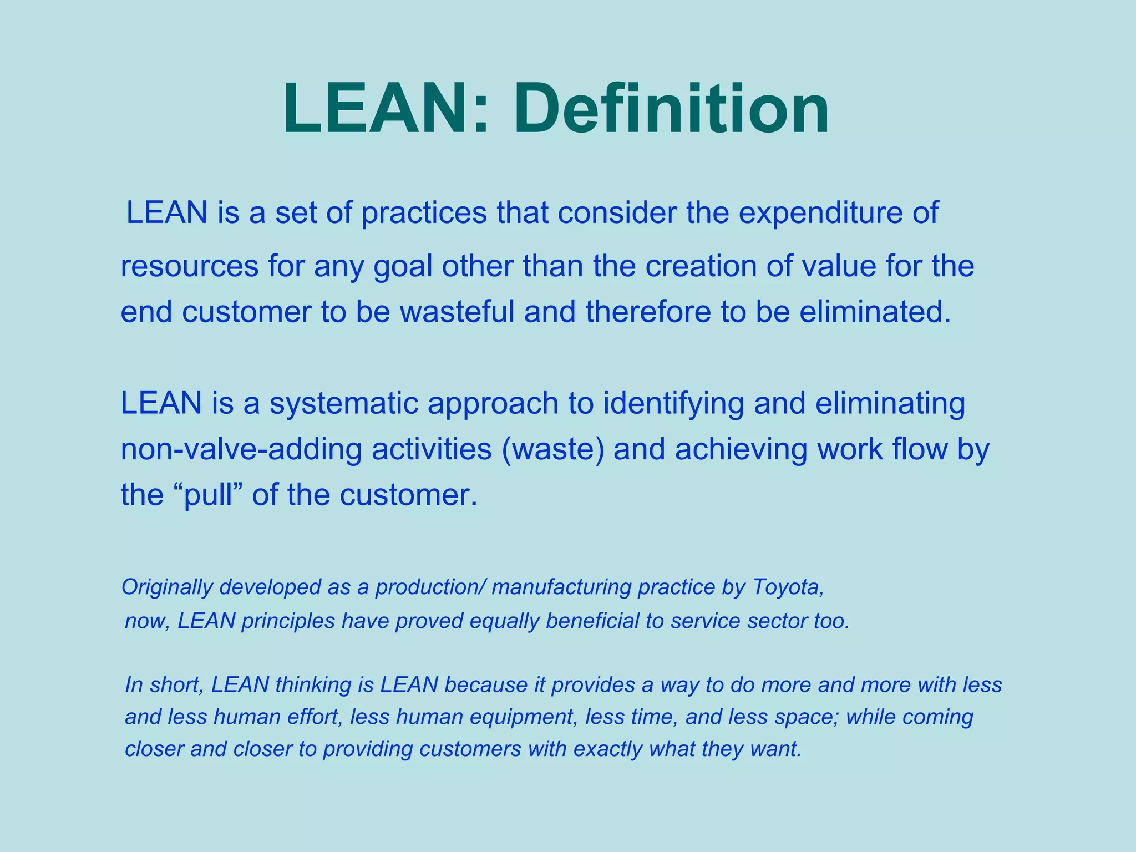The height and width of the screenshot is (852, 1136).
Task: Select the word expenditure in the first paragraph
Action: pyautogui.click(x=820, y=213)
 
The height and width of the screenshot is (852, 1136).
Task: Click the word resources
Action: pyautogui.click(x=189, y=266)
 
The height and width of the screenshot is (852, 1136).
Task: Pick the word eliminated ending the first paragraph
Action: pyautogui.click(x=875, y=312)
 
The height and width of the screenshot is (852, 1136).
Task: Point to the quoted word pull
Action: pyautogui.click(x=209, y=495)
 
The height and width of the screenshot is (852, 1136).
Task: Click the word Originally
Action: pyautogui.click(x=167, y=587)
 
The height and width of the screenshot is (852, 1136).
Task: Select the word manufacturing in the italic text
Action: pyautogui.click(x=561, y=587)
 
